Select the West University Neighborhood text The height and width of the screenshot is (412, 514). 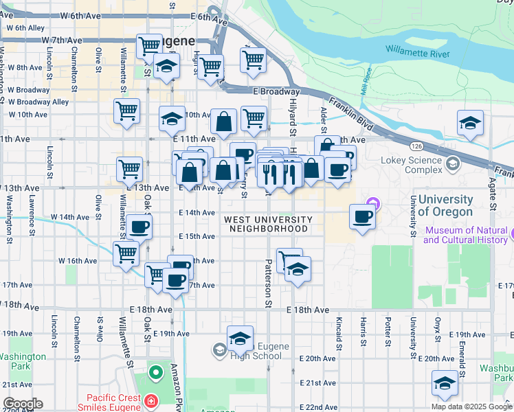(268, 224)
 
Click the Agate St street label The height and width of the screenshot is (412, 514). (493, 196)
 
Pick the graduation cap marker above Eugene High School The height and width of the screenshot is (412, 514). (240, 339)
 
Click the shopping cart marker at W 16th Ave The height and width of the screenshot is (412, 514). (126, 253)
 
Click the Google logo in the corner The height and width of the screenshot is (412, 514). (22, 404)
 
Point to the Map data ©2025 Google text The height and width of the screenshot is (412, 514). (471, 407)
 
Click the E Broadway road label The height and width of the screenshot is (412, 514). (276, 91)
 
